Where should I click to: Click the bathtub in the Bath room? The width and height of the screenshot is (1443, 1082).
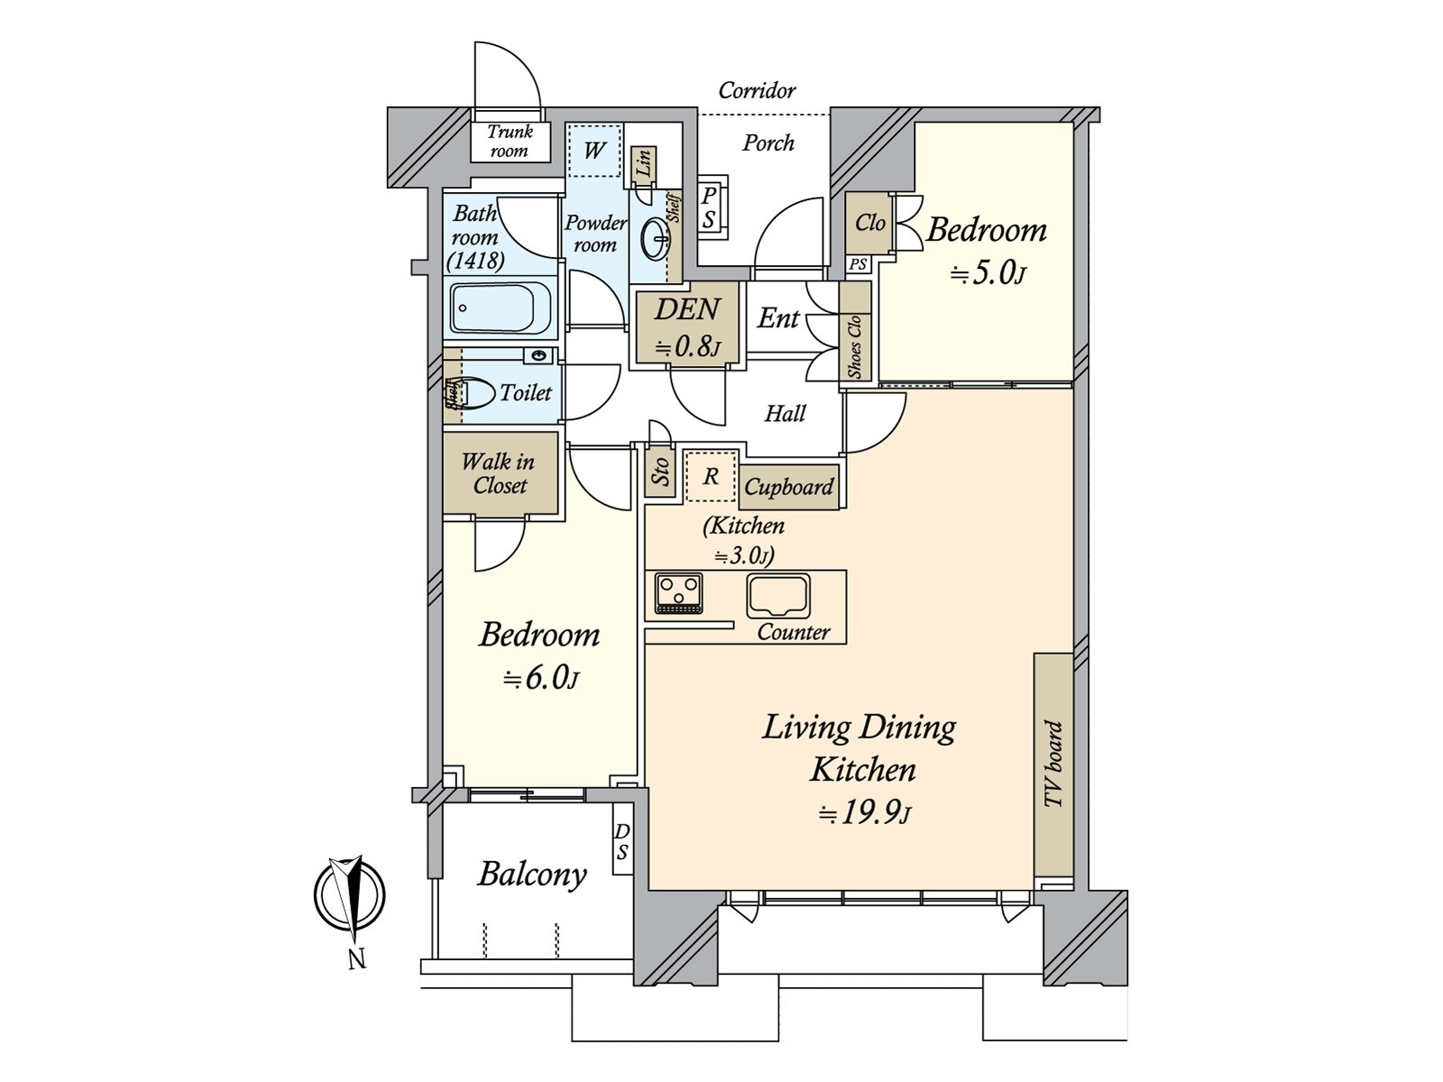click(501, 307)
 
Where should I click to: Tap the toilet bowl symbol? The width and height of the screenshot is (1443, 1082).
click(474, 393)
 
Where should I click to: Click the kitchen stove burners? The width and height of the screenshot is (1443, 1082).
click(678, 593)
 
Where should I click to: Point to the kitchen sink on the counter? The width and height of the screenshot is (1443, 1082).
click(778, 596)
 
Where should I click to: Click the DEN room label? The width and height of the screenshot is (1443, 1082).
click(687, 309)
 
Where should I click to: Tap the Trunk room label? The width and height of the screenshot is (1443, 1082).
click(510, 141)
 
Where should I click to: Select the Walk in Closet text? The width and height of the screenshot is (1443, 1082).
click(499, 473)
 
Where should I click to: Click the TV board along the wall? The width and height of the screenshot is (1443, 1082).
click(1053, 764)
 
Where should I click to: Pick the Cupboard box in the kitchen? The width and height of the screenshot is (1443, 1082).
click(789, 487)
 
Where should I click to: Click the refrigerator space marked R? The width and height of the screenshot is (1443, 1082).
click(711, 476)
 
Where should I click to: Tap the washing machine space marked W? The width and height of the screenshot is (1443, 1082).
click(594, 151)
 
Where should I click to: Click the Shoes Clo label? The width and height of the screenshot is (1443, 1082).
click(855, 346)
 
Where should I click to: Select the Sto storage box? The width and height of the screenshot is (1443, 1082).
click(660, 471)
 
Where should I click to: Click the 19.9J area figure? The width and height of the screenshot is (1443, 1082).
click(865, 814)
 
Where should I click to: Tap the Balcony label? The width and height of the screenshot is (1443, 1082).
click(532, 875)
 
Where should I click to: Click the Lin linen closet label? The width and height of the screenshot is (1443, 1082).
click(644, 163)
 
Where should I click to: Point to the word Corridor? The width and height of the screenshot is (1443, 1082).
click(757, 90)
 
